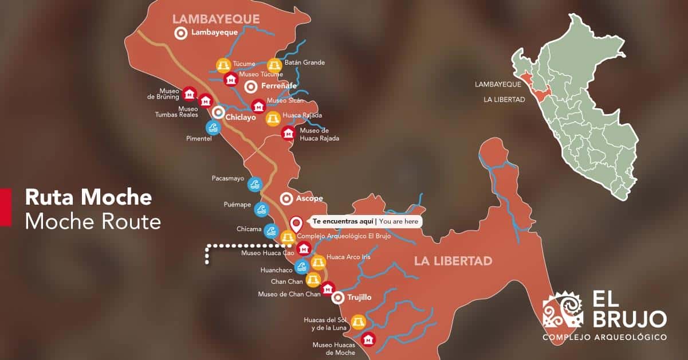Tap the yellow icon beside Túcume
(223, 65)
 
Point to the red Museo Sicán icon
(259, 106)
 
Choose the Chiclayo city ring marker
(218, 112)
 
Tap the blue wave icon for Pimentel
(213, 127)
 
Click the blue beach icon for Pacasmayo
(254, 184)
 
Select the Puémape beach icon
(262, 209)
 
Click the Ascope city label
(309, 198)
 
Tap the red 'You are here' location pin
(296, 223)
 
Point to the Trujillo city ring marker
(338, 298)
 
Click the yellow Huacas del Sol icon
(358, 322)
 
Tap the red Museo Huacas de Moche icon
(368, 339)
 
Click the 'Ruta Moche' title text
(88, 198)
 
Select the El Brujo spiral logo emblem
(563, 310)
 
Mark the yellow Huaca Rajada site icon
(273, 119)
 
